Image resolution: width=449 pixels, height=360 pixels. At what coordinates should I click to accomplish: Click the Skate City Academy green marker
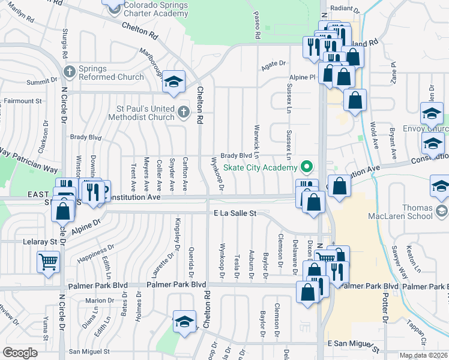(308, 166)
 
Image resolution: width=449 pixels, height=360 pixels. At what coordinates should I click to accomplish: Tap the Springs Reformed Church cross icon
(70, 71)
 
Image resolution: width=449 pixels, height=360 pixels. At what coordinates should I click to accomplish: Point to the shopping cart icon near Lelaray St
(47, 261)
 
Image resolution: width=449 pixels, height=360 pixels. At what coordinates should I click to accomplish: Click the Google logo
(20, 353)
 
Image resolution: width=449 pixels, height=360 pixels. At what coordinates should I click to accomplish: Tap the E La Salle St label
(235, 213)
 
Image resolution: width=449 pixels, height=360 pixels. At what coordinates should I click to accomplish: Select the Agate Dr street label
(274, 63)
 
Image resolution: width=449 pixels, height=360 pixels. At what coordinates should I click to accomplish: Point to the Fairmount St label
(23, 101)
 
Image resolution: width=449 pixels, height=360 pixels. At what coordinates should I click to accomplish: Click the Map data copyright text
(422, 355)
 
